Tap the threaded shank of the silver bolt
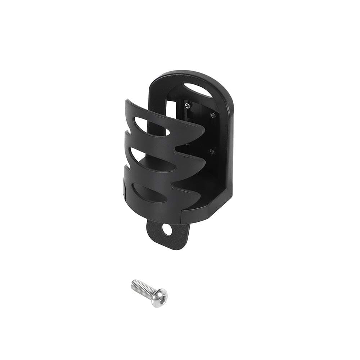[142, 288]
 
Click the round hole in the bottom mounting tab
[167, 229]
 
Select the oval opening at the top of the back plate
[198, 90]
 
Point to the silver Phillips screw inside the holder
[187, 105]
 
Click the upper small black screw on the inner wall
[213, 115]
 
